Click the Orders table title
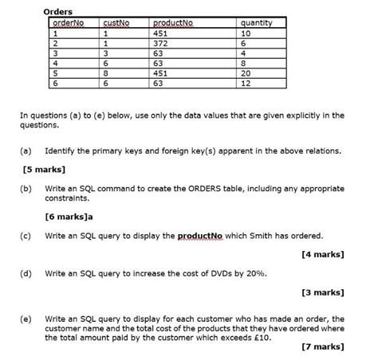(57, 13)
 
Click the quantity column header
(255, 24)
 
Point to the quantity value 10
(245, 34)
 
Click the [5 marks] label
(45, 170)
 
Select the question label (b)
(28, 189)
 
